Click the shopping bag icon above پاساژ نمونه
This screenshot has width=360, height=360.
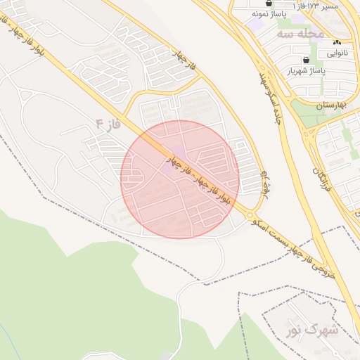(269, 4)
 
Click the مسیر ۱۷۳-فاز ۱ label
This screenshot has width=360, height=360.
(314, 6)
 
